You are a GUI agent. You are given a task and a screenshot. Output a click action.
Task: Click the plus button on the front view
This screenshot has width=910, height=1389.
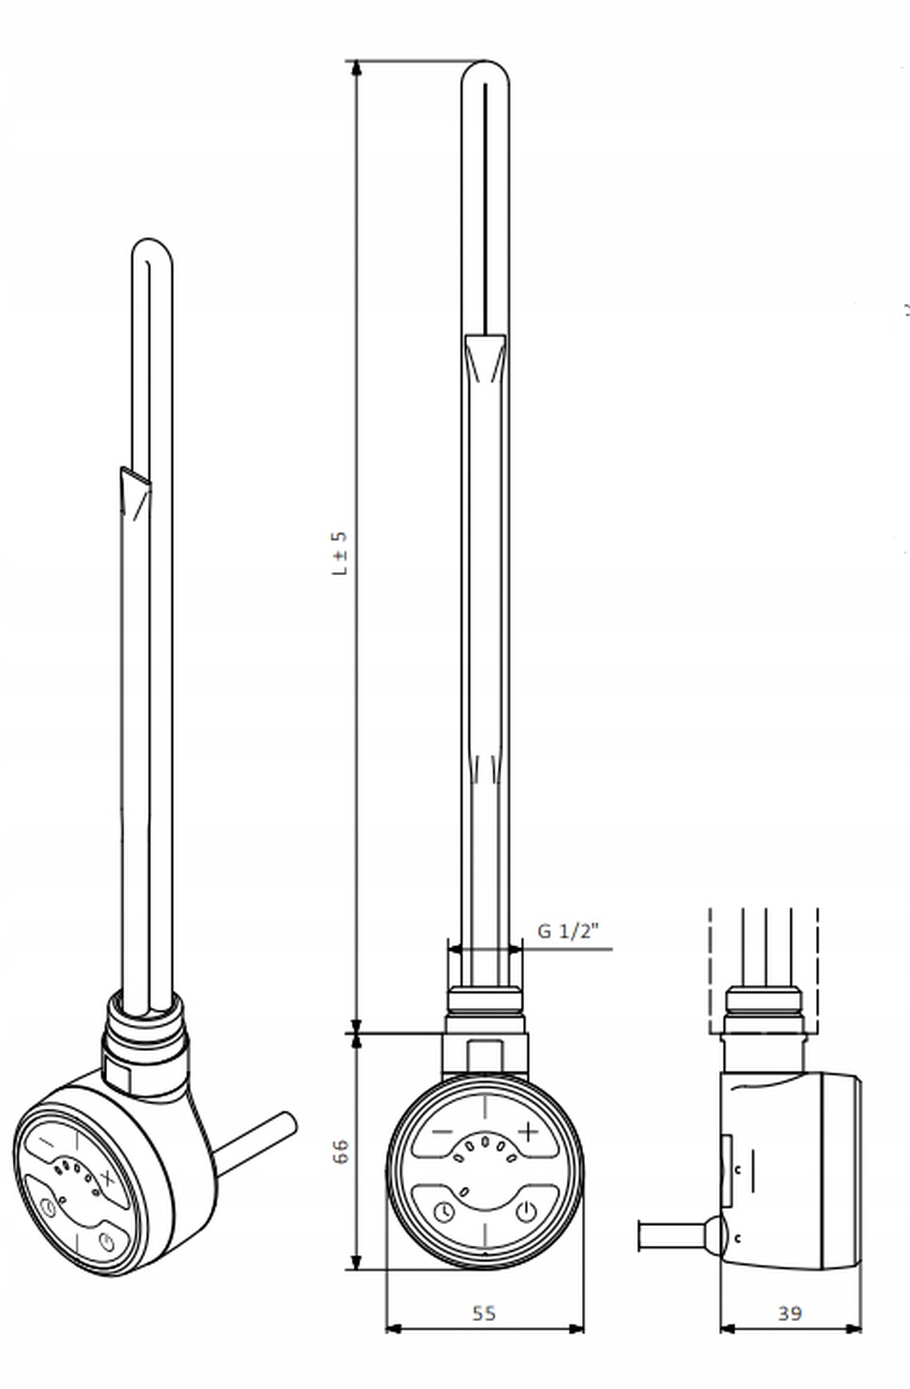[528, 1131]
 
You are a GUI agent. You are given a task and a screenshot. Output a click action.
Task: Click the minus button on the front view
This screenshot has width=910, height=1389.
[442, 1132]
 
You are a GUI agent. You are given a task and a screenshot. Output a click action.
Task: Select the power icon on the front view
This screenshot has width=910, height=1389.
[526, 1212]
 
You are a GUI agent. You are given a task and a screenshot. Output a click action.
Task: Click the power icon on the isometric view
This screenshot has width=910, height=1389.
[107, 1242]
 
